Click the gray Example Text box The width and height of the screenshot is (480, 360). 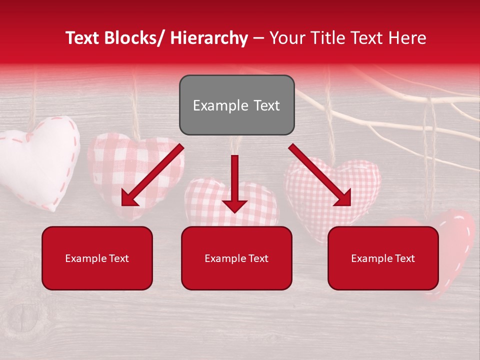tap(236, 105)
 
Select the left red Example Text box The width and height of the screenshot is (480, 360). tap(97, 258)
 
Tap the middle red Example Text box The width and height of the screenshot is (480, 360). tap(236, 258)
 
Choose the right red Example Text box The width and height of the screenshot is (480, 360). tap(383, 258)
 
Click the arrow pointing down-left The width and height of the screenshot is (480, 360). tap(152, 175)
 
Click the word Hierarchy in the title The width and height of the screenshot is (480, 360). tap(209, 38)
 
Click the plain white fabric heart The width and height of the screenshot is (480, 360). tap(37, 160)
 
